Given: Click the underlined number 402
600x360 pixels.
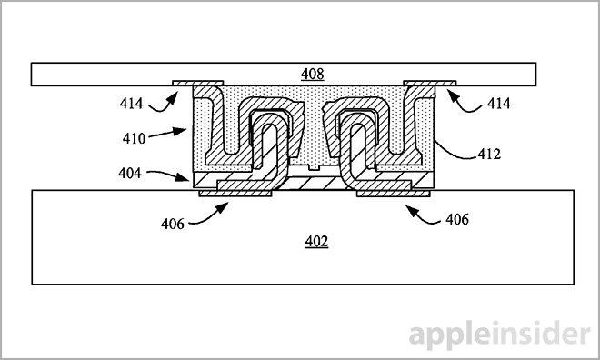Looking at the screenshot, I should (315, 241).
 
